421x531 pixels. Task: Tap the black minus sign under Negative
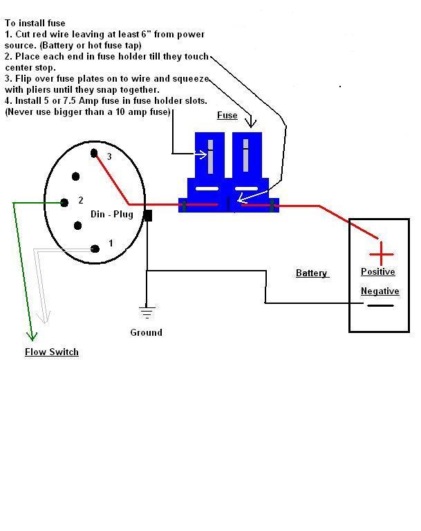[380, 305]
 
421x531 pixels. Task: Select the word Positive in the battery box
[378, 272]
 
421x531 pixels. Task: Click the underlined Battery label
[312, 273]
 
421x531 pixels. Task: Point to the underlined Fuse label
[227, 116]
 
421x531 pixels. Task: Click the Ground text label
[146, 332]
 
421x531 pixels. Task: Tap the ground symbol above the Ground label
[146, 311]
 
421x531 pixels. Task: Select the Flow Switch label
[52, 352]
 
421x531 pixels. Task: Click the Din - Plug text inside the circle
[111, 214]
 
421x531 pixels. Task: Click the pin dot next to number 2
[64, 203]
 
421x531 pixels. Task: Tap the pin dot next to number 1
[95, 248]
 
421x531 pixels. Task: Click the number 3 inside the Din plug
[109, 157]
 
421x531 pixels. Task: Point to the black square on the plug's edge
[147, 215]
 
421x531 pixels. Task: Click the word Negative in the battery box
[380, 291]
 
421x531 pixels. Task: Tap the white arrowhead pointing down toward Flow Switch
[46, 318]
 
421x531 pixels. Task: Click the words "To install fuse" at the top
[35, 23]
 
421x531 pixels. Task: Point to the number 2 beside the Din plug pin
[81, 201]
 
